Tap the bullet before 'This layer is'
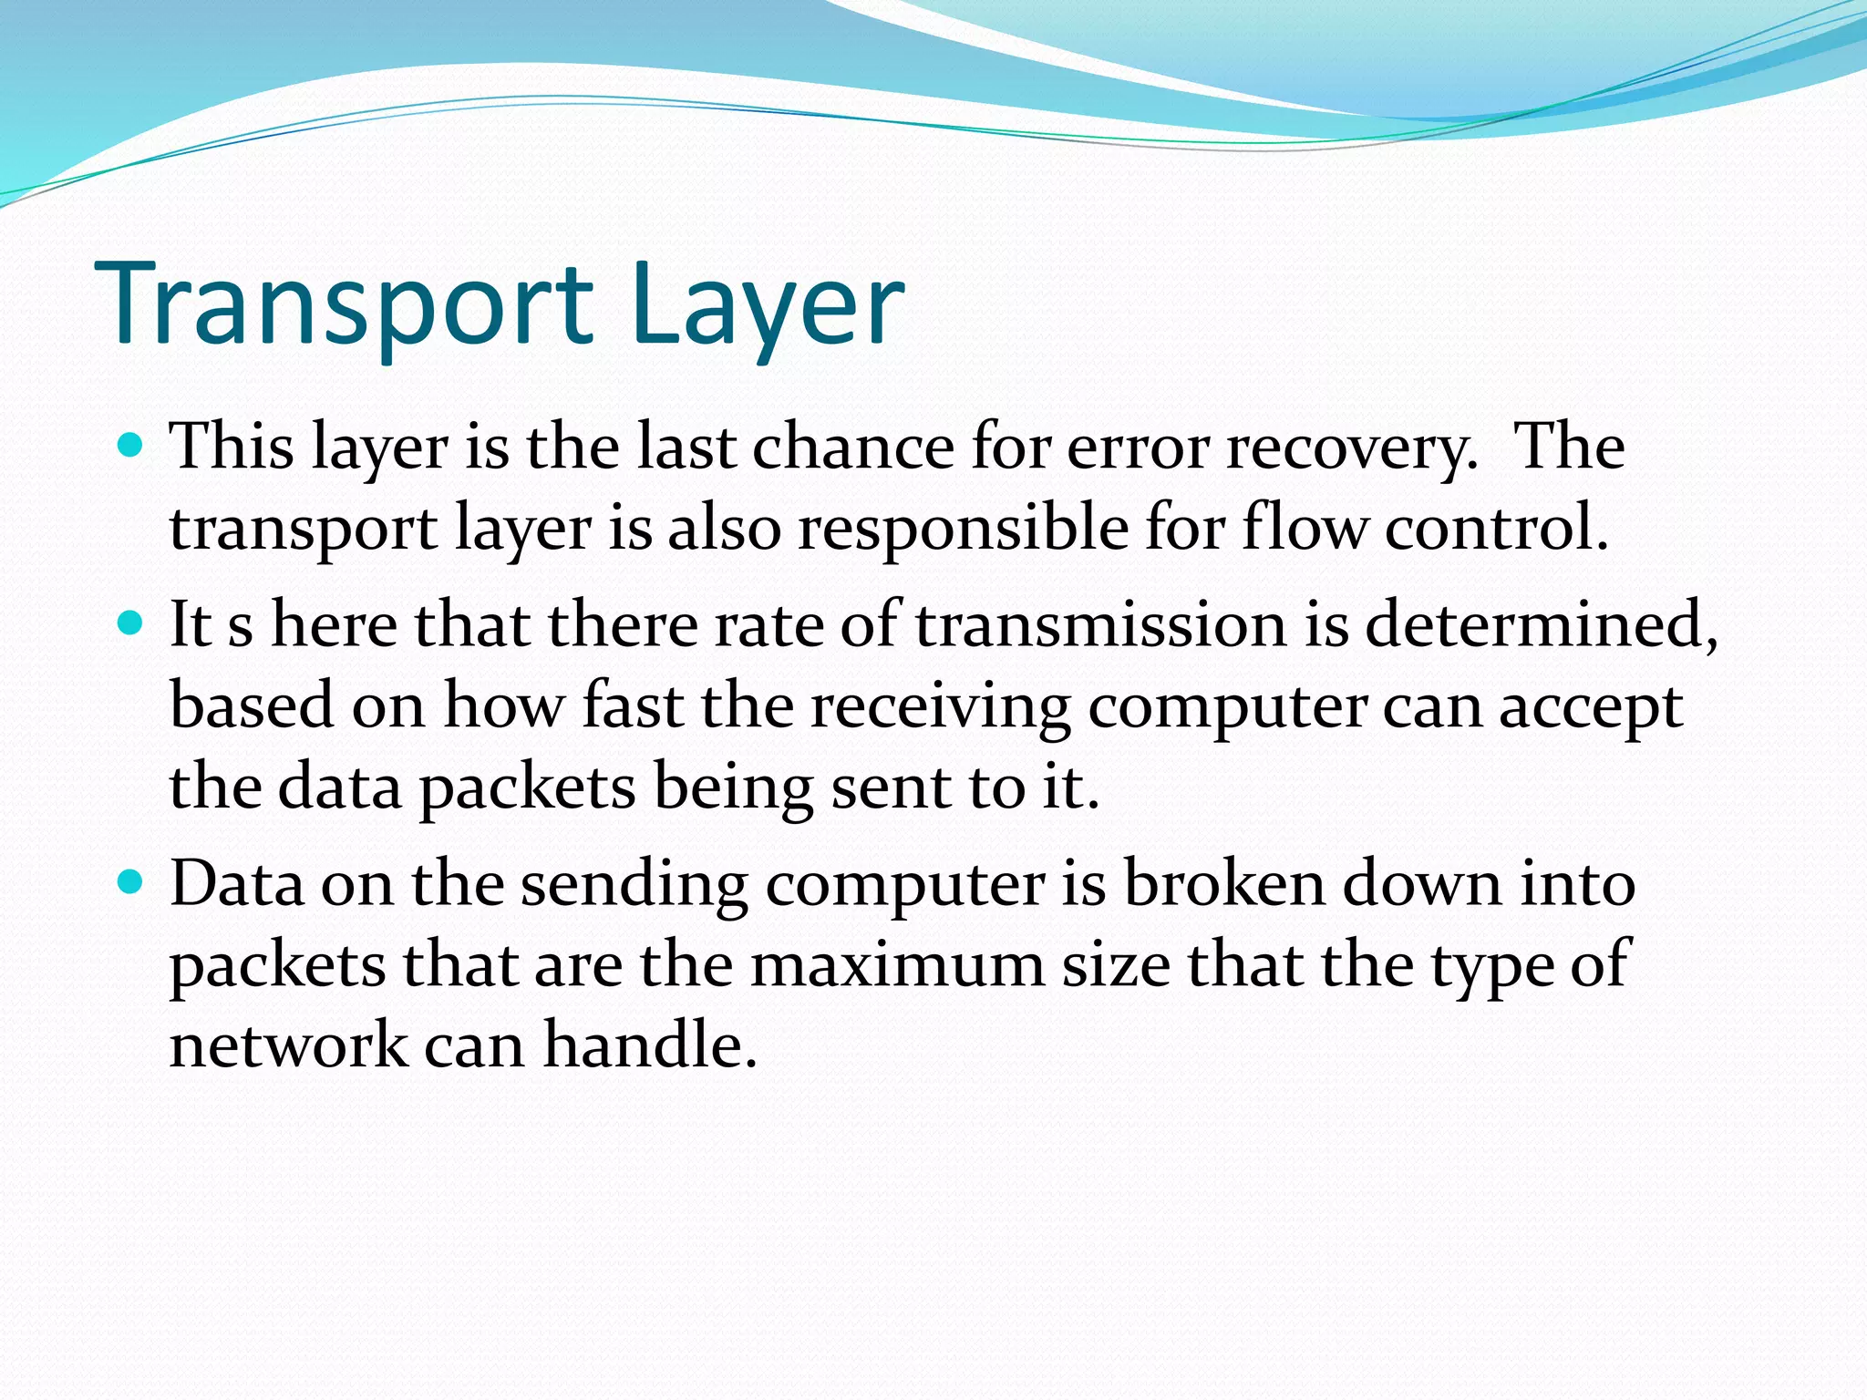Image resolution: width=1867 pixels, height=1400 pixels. [x=131, y=447]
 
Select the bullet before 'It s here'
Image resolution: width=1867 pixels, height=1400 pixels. [x=131, y=624]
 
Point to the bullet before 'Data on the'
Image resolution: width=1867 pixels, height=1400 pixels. [x=131, y=882]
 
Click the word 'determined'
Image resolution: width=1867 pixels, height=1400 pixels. [x=1541, y=625]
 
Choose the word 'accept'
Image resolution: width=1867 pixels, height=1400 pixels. [x=1591, y=707]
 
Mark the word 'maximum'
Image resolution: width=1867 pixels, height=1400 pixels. [x=897, y=964]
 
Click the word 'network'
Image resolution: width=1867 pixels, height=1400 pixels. [x=288, y=1045]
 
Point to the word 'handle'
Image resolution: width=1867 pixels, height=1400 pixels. [x=651, y=1045]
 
